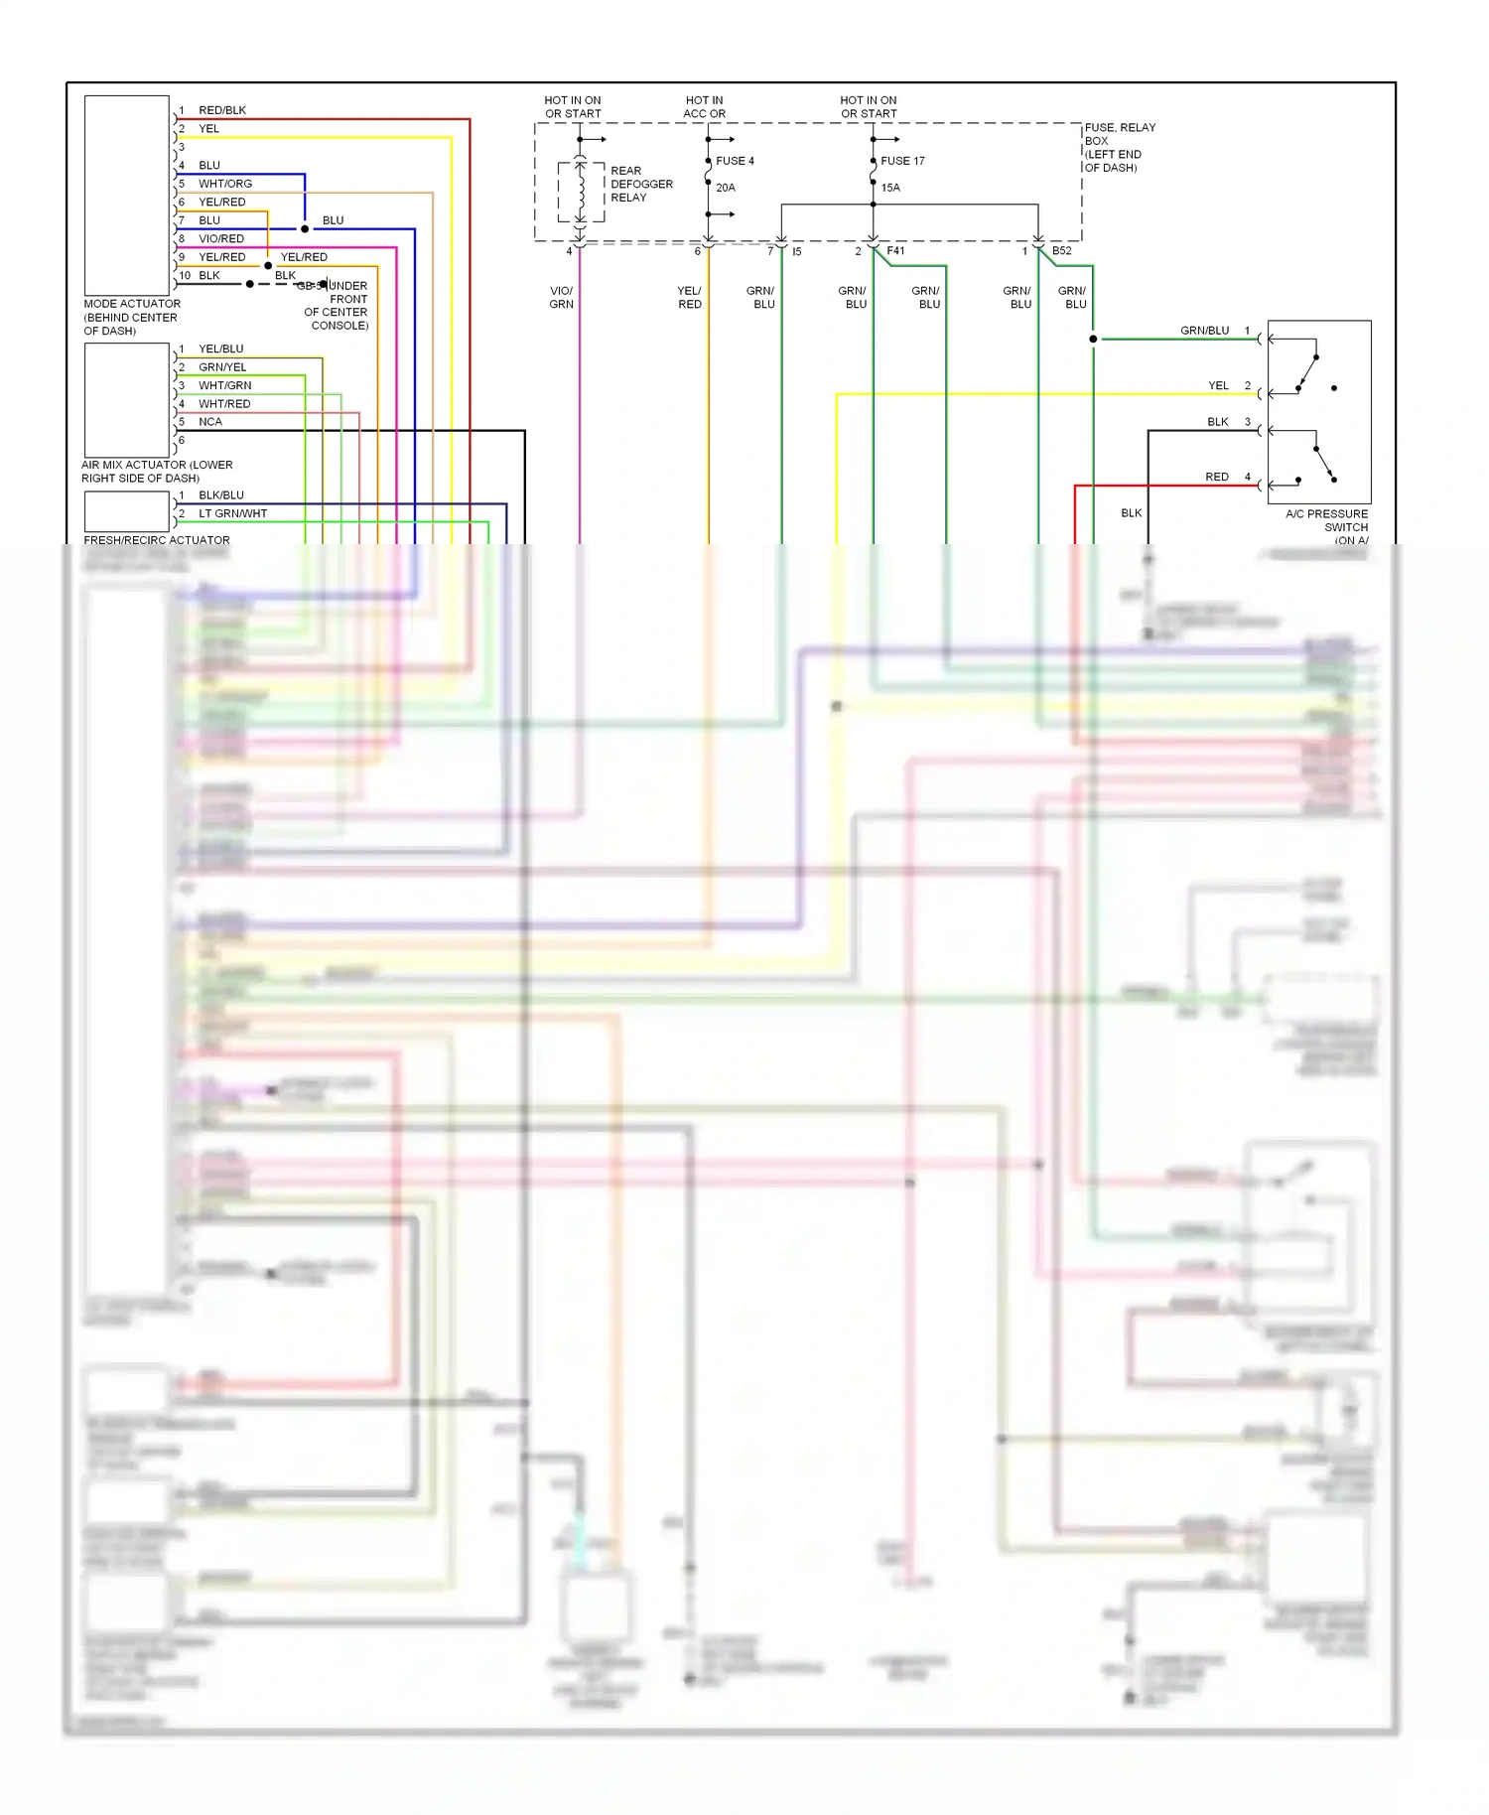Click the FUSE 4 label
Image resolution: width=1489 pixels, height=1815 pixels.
[x=735, y=161]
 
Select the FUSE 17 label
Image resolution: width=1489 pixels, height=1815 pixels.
[x=902, y=161]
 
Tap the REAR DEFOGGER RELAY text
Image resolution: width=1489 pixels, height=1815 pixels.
[x=641, y=184]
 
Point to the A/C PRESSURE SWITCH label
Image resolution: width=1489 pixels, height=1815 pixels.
[x=1326, y=521]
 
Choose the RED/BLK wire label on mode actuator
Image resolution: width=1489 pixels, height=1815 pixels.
[x=222, y=110]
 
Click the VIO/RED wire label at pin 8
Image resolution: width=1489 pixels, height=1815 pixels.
[x=221, y=238]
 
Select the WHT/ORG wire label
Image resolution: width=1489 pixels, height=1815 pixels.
[x=225, y=184]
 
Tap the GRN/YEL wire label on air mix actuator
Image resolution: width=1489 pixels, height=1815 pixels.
[x=222, y=367]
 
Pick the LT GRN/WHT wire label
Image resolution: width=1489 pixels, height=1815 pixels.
[x=232, y=513]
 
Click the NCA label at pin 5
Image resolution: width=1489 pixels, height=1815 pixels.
[x=210, y=422]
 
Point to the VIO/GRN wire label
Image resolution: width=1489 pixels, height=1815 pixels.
[x=561, y=298]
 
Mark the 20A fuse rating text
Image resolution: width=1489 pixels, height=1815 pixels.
[x=726, y=188]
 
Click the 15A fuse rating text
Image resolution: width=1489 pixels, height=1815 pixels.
[x=890, y=188]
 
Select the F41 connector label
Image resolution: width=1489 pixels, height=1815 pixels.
[x=895, y=251]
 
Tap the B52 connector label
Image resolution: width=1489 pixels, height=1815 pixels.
[x=1061, y=251]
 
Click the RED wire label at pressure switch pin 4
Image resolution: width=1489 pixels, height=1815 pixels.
[x=1216, y=477]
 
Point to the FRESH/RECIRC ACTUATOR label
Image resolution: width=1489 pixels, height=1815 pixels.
[x=157, y=540]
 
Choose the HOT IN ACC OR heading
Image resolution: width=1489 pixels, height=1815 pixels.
[x=704, y=107]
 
